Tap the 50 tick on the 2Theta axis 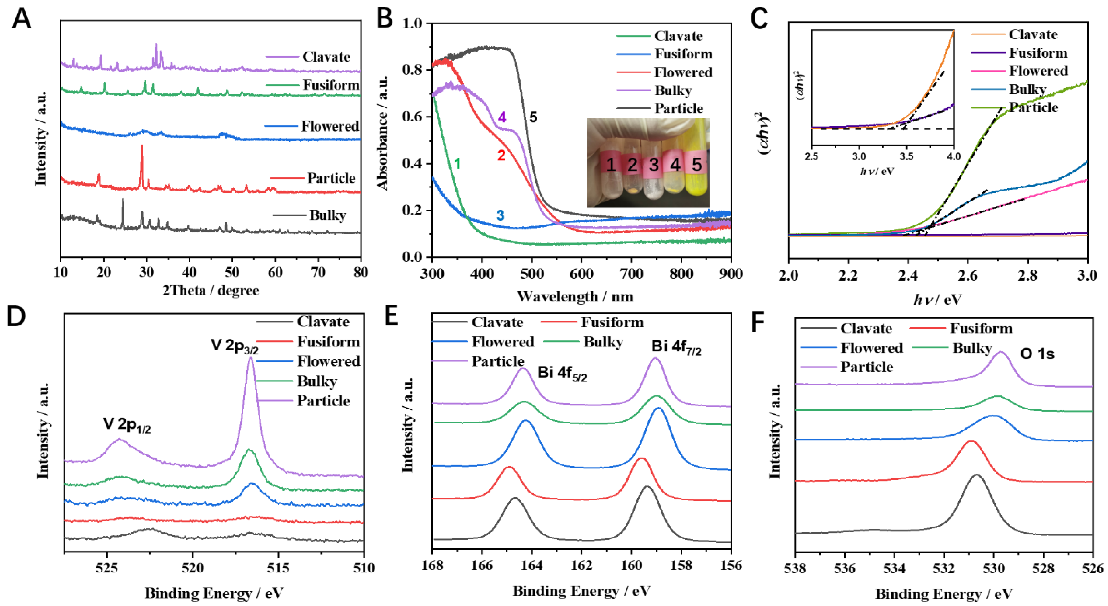pyautogui.click(x=232, y=272)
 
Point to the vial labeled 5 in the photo pyautogui.click(x=697, y=164)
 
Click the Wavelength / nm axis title pyautogui.click(x=575, y=297)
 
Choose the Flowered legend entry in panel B pyautogui.click(x=683, y=72)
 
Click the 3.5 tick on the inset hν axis pyautogui.click(x=906, y=156)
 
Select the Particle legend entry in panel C pyautogui.click(x=1033, y=107)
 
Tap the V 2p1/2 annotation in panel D pyautogui.click(x=127, y=425)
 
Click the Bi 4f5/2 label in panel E pyautogui.click(x=562, y=373)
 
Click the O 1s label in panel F pyautogui.click(x=1037, y=354)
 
